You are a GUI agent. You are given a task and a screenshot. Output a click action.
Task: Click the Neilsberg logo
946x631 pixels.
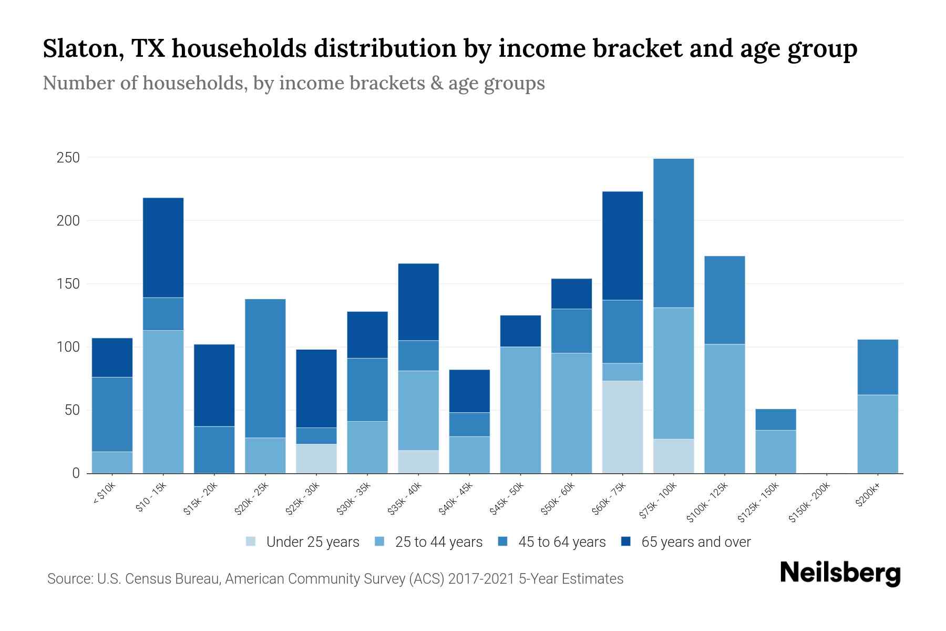click(x=840, y=573)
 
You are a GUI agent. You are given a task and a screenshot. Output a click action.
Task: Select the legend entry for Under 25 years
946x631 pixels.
click(x=302, y=542)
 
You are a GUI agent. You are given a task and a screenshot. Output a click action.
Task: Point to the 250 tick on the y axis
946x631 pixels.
click(x=68, y=158)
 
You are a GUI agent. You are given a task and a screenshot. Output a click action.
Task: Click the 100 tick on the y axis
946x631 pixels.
click(x=68, y=347)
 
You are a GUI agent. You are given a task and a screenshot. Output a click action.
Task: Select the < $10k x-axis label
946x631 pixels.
click(x=104, y=494)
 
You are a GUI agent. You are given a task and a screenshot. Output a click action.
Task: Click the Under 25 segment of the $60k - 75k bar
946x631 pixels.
click(x=622, y=426)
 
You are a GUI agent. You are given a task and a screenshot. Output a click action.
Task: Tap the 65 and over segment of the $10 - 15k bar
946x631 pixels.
click(x=163, y=248)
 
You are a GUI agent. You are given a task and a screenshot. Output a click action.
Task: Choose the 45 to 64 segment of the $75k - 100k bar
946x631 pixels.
click(x=673, y=233)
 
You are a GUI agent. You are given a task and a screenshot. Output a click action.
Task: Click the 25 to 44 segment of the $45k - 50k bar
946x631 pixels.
click(x=520, y=410)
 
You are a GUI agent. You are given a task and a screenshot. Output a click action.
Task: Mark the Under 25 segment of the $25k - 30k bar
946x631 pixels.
click(x=316, y=459)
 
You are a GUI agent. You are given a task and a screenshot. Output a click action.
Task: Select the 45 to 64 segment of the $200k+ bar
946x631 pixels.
click(x=877, y=367)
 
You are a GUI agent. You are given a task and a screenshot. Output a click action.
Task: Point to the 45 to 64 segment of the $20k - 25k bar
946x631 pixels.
click(x=265, y=368)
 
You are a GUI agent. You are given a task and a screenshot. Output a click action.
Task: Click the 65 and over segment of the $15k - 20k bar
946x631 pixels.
click(x=214, y=385)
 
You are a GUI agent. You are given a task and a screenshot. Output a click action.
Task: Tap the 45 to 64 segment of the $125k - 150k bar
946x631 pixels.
click(x=775, y=420)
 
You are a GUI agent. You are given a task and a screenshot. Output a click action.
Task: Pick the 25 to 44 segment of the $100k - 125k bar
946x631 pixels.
click(x=724, y=409)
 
